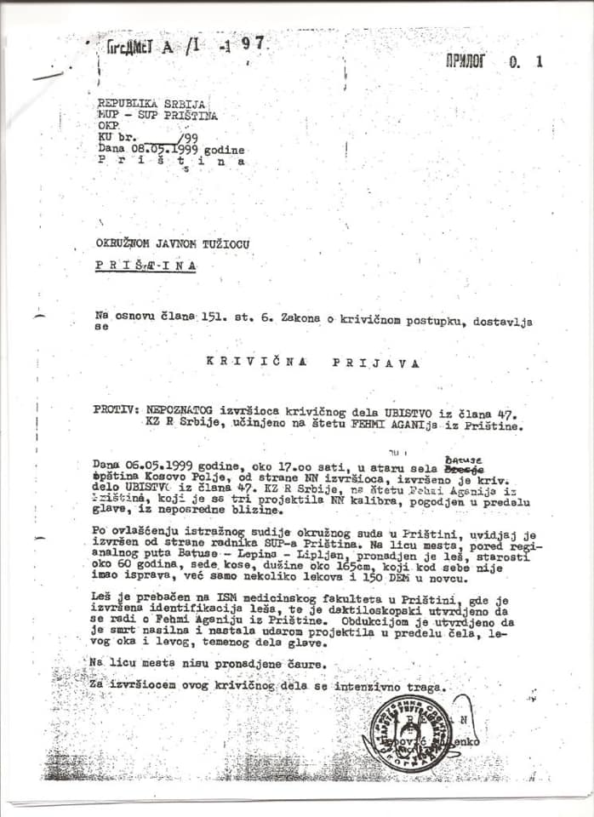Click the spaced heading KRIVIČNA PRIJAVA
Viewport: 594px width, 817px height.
click(313, 362)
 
